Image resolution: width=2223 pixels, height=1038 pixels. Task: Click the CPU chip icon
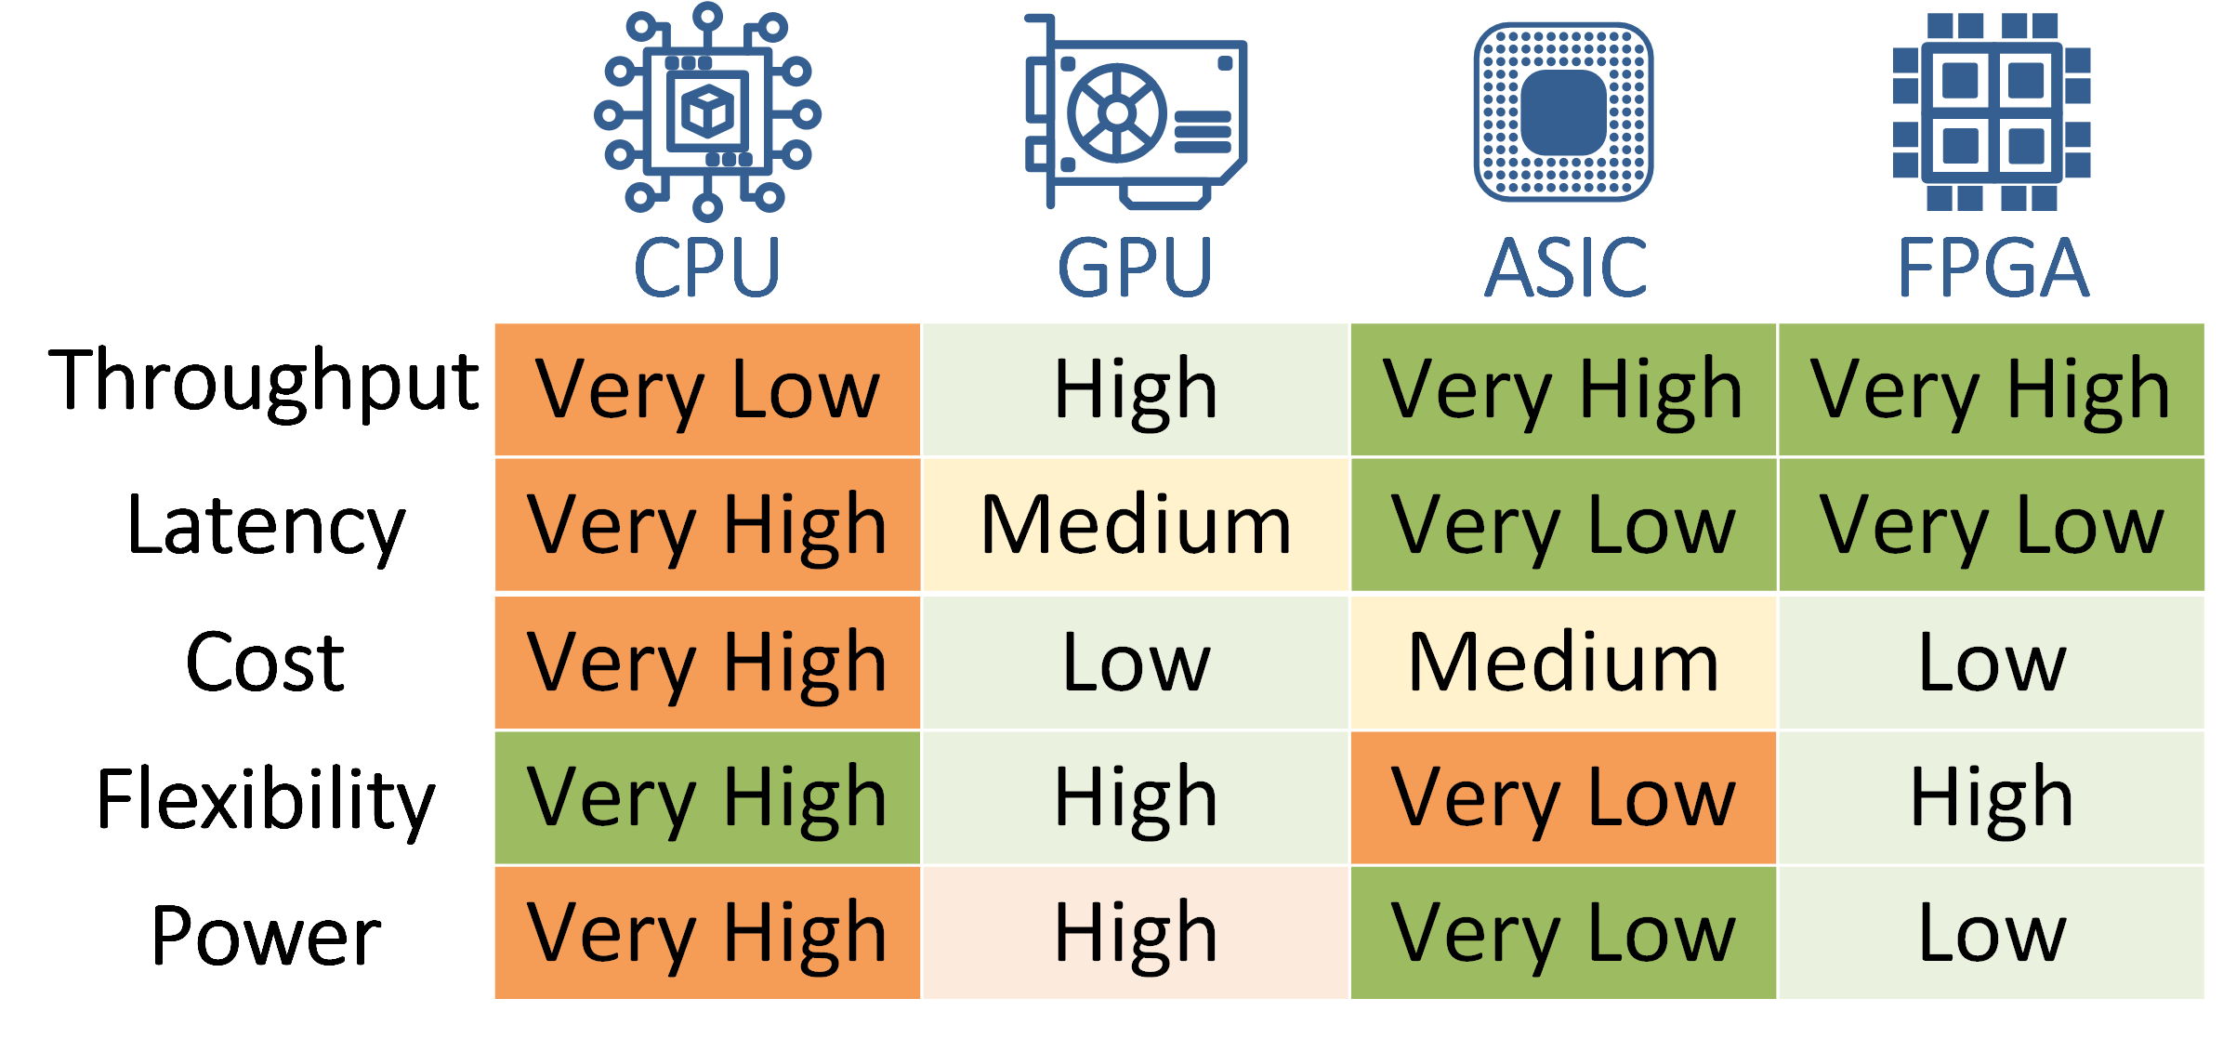[707, 112]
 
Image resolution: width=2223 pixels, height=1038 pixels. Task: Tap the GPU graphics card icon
[1136, 112]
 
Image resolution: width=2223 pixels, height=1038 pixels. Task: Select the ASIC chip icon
[1563, 112]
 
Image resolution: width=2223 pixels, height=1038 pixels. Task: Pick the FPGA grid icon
[1992, 112]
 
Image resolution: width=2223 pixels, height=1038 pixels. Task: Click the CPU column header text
[707, 268]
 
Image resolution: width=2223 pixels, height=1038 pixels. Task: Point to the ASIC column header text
[1565, 268]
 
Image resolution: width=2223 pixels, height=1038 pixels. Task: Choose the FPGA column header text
[1993, 268]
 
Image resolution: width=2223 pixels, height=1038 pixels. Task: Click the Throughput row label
[264, 382]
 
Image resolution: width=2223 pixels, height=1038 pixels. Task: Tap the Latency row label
[266, 526]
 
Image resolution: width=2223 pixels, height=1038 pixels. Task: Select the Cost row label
[266, 663]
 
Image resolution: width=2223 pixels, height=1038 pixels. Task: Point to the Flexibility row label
[266, 799]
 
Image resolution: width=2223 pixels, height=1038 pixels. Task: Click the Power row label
[266, 935]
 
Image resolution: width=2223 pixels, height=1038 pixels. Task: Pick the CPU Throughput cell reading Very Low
[707, 390]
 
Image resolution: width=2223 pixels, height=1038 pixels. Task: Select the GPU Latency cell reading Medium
[1136, 525]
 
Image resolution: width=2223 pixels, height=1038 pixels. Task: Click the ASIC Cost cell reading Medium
[1563, 663]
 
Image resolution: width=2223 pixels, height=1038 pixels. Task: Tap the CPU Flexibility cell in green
[707, 798]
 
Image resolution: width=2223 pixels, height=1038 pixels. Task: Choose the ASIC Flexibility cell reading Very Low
[1563, 798]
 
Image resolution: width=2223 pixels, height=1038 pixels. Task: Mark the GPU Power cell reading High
[1136, 933]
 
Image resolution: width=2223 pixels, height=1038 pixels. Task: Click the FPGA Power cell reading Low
[1992, 933]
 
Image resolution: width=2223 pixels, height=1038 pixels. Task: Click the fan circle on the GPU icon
[1116, 113]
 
